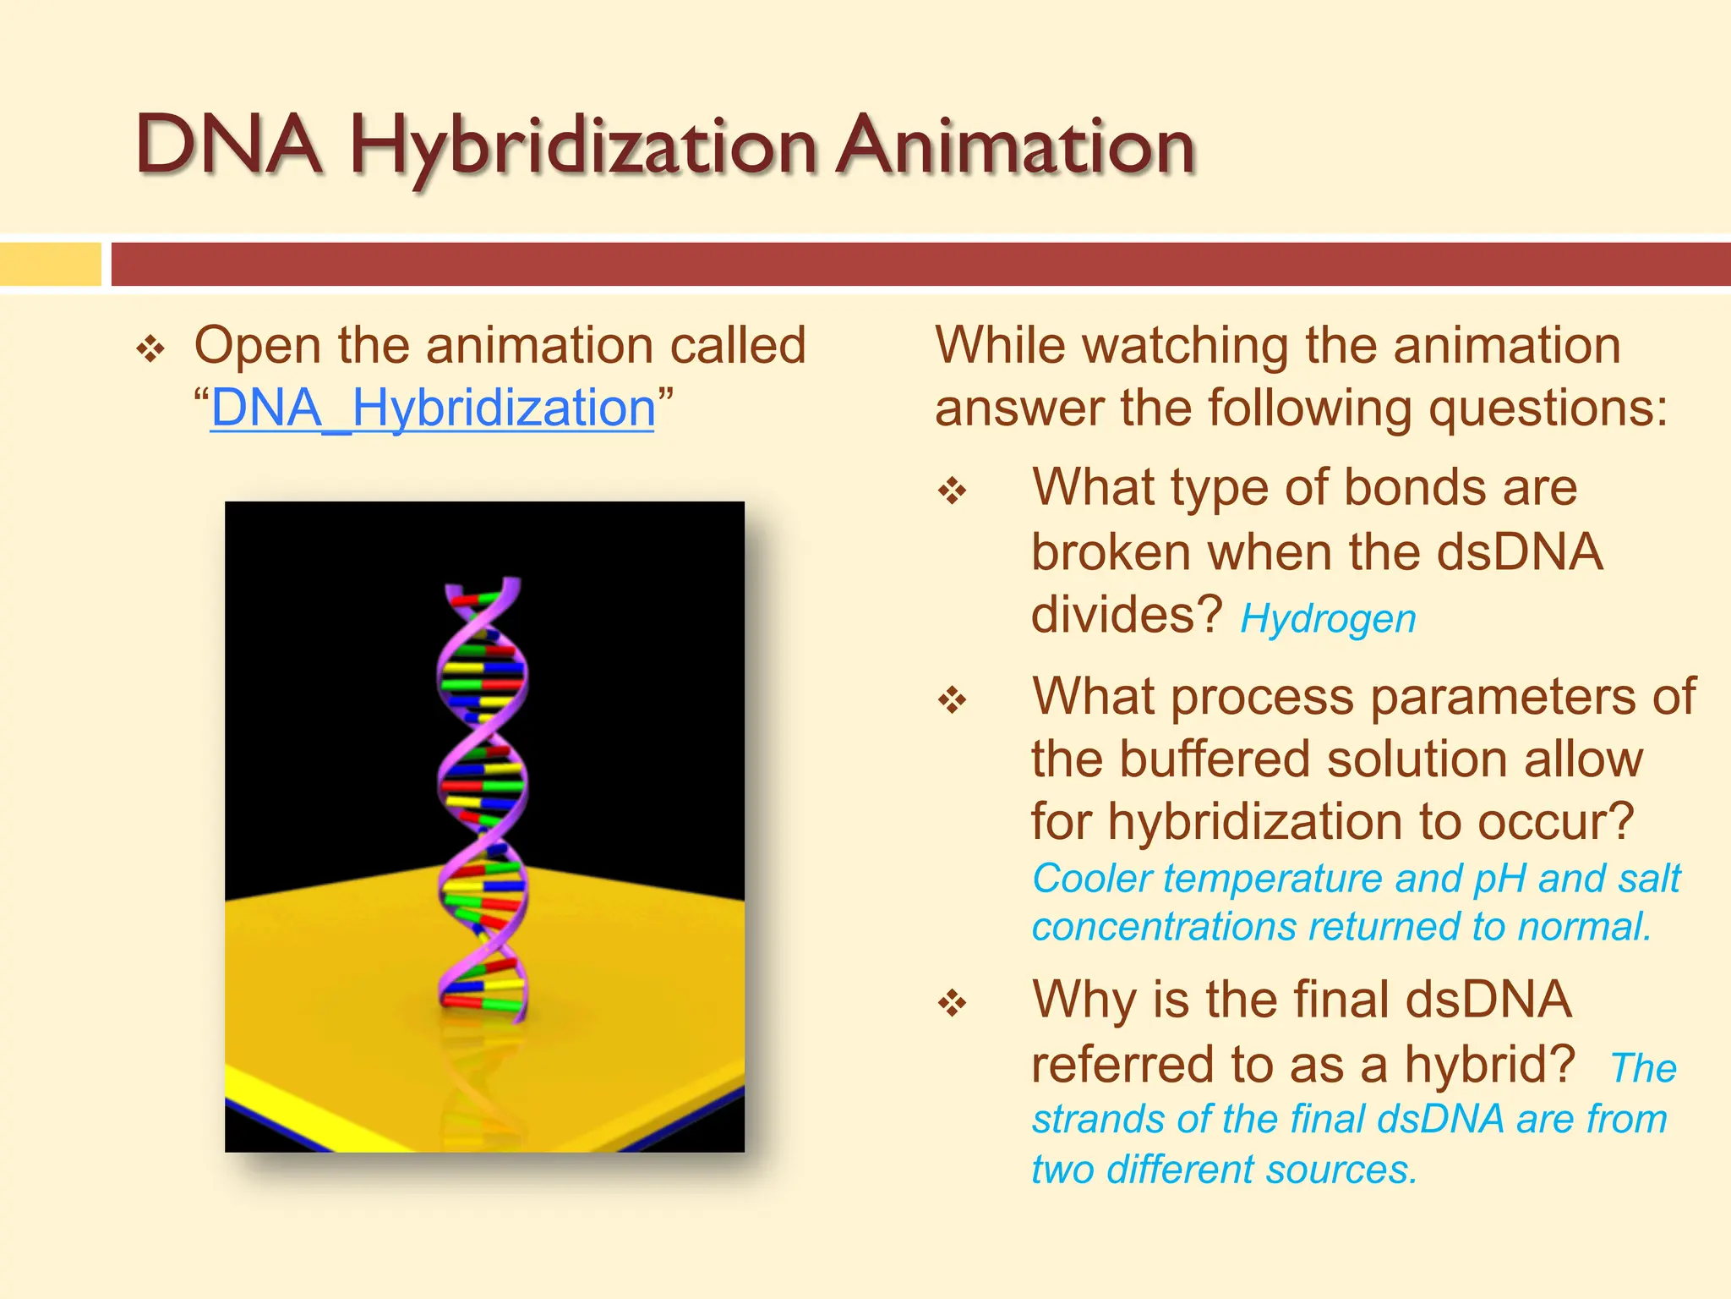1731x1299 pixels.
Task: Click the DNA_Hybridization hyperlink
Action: [x=432, y=408]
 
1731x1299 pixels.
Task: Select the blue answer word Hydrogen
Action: [x=1328, y=619]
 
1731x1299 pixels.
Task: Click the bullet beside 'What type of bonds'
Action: [x=953, y=491]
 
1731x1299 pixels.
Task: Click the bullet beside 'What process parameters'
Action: [x=953, y=700]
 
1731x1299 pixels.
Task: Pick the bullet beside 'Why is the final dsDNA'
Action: [x=953, y=1003]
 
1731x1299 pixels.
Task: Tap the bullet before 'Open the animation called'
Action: [x=150, y=348]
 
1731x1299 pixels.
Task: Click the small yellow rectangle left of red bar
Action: [x=50, y=264]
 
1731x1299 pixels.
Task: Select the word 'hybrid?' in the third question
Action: [x=1489, y=1064]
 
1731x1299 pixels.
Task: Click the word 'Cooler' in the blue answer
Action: [x=1092, y=879]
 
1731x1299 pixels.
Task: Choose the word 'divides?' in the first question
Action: [x=1127, y=614]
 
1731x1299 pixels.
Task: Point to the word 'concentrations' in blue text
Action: [x=1164, y=927]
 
